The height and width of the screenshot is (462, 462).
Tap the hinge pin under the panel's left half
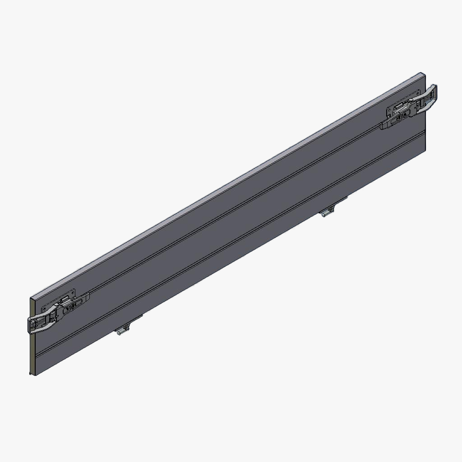click(x=120, y=332)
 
